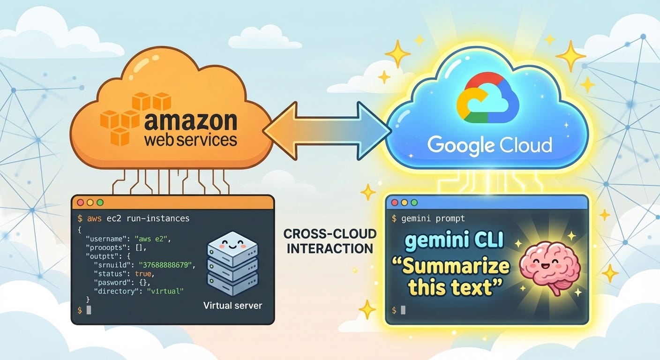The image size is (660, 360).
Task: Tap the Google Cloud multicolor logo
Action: [487, 97]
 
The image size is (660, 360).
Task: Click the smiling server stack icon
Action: [232, 263]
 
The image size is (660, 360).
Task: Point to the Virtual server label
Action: [232, 306]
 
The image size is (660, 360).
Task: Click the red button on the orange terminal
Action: [81, 202]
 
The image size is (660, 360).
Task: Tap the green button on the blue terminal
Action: [414, 202]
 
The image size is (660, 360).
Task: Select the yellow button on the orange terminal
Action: [90, 202]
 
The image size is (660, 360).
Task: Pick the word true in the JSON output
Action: [143, 274]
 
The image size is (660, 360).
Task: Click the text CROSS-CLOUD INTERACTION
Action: [330, 241]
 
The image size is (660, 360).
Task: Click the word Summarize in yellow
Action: [456, 266]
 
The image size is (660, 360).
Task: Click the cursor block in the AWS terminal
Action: [89, 310]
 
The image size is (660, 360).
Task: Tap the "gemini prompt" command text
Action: [433, 218]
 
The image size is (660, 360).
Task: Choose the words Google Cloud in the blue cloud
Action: [490, 145]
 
